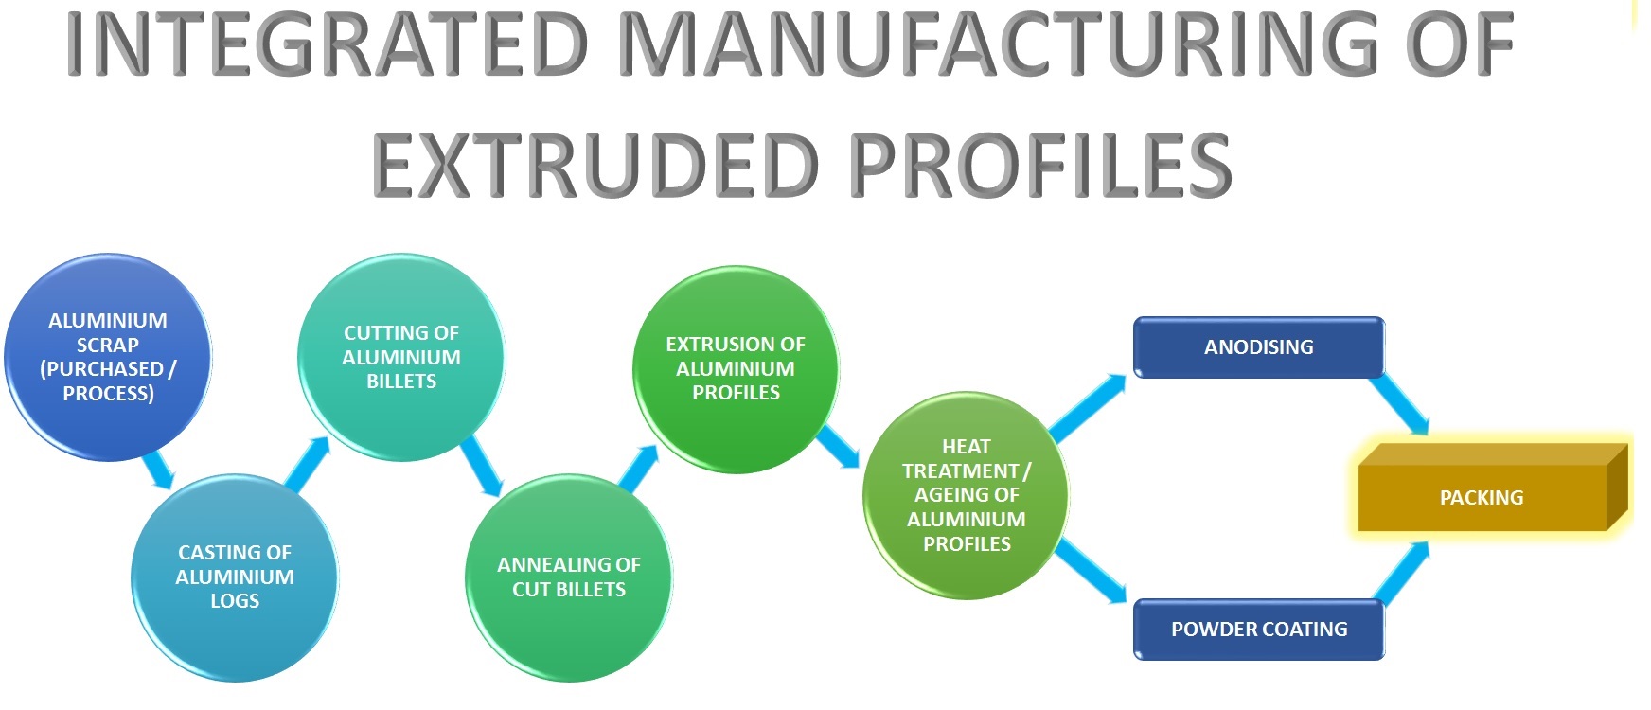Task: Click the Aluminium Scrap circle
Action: [x=107, y=357]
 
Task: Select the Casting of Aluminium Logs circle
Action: [x=234, y=577]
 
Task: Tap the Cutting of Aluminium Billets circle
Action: [x=401, y=357]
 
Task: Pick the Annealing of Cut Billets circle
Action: [x=568, y=577]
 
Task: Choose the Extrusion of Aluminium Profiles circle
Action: [x=736, y=368]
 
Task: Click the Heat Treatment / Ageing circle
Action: [x=966, y=495]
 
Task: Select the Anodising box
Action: [x=1258, y=347]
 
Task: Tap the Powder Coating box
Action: [x=1258, y=630]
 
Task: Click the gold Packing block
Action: [x=1482, y=498]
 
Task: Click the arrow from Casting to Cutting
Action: [x=309, y=464]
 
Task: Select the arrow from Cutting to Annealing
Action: [x=483, y=466]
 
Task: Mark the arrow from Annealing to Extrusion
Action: [x=640, y=468]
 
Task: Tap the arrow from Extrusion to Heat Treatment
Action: [x=838, y=447]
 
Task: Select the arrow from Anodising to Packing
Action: [x=1399, y=404]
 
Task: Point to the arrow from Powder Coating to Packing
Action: [x=1401, y=572]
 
